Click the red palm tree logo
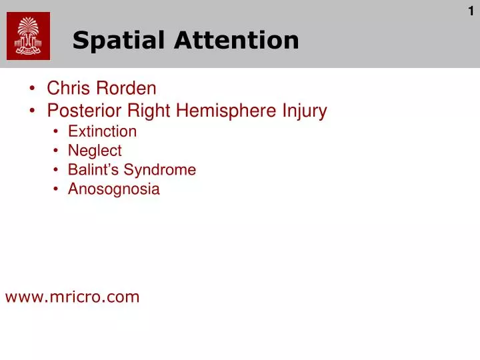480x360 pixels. point(28,37)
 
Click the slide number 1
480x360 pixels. point(471,11)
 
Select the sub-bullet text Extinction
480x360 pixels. point(102,131)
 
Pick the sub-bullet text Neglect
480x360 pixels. point(95,151)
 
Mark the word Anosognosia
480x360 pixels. point(114,189)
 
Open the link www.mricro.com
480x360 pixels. point(73,297)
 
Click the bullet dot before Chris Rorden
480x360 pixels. point(33,89)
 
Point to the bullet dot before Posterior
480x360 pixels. point(33,111)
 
